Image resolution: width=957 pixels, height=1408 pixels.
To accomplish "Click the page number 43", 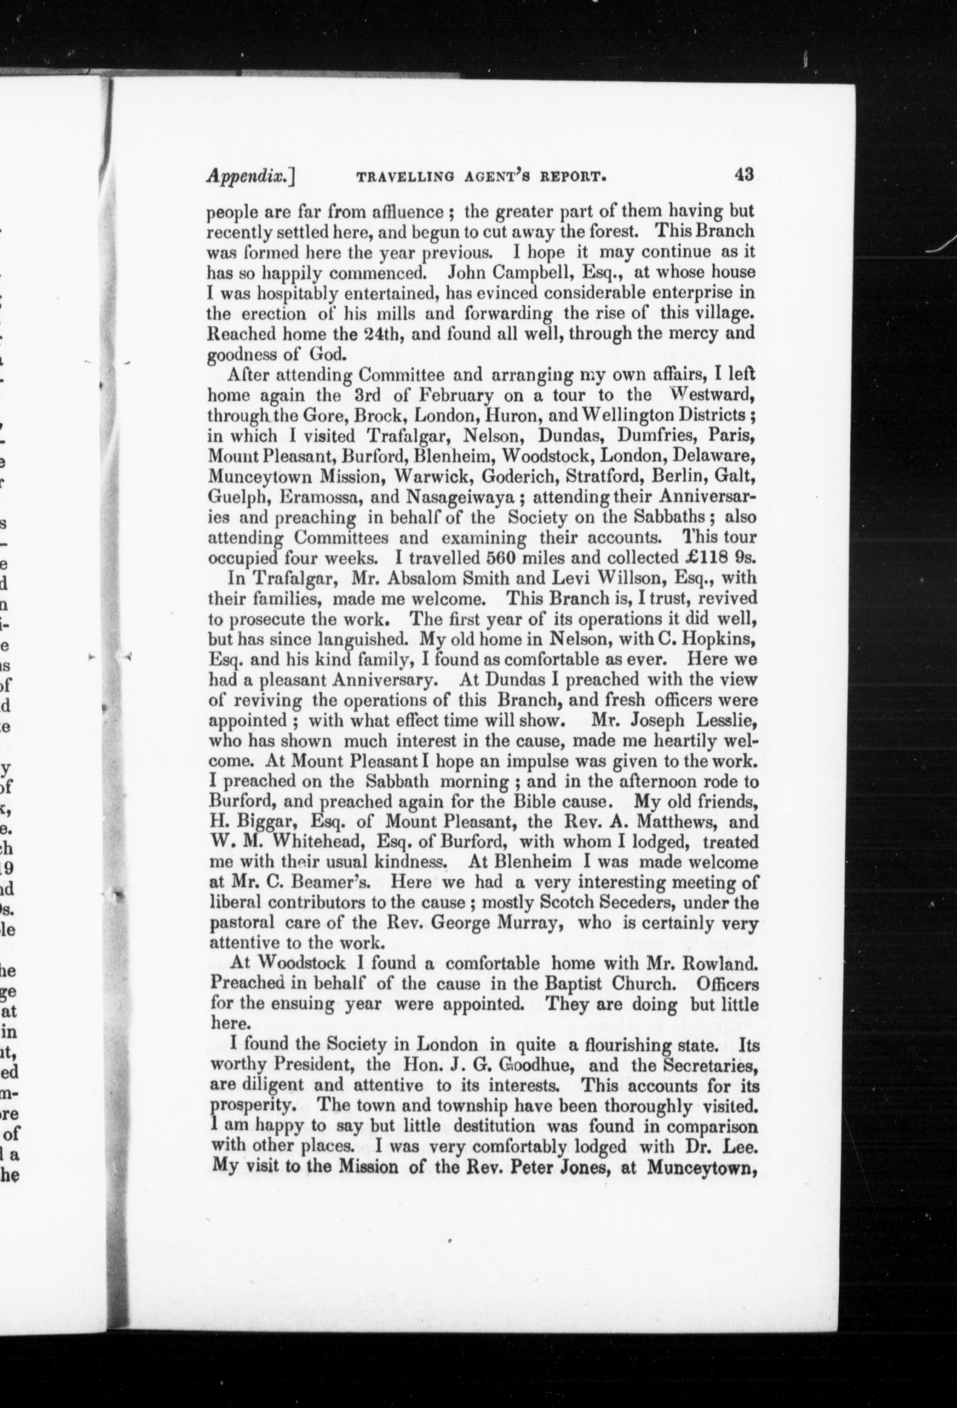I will tap(743, 175).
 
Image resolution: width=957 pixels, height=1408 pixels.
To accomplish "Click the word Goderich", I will tap(515, 476).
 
